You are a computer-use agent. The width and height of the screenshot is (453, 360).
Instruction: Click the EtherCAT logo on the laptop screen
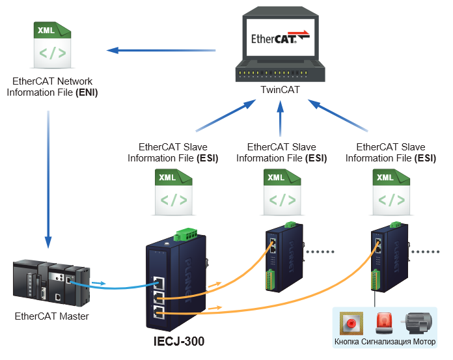point(281,38)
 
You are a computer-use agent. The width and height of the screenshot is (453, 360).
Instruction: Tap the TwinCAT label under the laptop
point(280,90)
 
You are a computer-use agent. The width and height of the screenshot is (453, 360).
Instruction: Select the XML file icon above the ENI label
point(52,45)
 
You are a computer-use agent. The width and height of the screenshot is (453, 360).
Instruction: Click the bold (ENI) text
point(87,92)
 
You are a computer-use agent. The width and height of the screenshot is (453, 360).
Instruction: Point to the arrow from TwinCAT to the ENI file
point(161,50)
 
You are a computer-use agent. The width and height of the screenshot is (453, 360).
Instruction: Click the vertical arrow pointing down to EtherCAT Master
point(48,180)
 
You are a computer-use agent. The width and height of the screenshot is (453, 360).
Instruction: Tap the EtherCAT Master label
point(51,316)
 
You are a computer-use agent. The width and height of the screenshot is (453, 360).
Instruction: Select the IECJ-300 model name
point(179,341)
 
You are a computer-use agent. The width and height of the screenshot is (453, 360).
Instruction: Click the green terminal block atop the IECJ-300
point(185,234)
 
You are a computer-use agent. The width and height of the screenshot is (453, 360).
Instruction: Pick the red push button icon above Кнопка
point(351,324)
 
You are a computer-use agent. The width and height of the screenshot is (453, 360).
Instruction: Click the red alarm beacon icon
point(384,324)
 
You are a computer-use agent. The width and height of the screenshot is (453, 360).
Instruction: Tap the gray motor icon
point(417,323)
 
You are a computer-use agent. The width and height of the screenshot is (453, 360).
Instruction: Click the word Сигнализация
point(386,342)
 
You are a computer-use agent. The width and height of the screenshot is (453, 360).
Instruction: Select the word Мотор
point(424,342)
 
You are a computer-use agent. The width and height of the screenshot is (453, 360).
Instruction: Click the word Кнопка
point(347,342)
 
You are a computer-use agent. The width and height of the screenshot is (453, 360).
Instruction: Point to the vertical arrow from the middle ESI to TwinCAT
point(280,118)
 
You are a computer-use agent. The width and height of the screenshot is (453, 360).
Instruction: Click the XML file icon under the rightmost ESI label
point(391,192)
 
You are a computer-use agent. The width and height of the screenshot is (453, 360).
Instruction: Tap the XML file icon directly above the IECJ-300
point(173,192)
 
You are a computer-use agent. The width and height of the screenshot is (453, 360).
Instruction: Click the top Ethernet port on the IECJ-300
point(159,283)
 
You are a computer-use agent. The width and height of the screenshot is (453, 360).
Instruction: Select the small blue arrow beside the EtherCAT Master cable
point(98,283)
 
